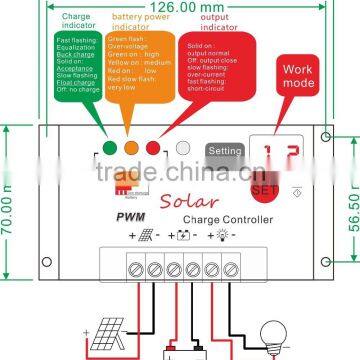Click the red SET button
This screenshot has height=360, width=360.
[264, 187]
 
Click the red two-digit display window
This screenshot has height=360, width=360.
[264, 152]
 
